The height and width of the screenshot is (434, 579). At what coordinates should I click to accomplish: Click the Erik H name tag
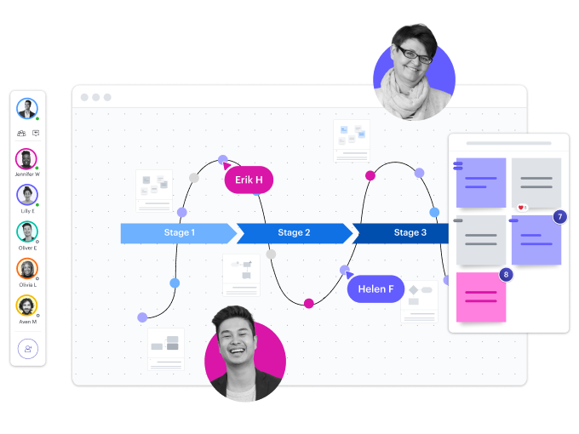[x=249, y=180]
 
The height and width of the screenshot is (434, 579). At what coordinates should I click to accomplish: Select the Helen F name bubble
[x=375, y=288]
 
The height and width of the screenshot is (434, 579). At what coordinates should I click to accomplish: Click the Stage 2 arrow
[x=294, y=232]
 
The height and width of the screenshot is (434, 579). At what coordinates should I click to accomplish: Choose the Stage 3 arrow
[x=404, y=232]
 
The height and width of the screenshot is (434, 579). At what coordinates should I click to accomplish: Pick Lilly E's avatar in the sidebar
[x=27, y=195]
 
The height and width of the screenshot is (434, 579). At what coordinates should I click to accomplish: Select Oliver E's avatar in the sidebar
[x=27, y=231]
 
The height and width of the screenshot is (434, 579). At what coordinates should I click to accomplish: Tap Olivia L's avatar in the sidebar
[x=27, y=268]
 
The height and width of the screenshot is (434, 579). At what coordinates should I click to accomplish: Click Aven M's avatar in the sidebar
[x=27, y=305]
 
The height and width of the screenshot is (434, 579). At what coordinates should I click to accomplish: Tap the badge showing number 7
[x=559, y=217]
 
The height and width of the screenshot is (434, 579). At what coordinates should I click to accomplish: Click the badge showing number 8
[x=506, y=274]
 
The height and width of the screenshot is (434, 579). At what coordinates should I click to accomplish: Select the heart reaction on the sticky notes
[x=522, y=207]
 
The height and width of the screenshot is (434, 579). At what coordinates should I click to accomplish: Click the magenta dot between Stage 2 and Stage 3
[x=370, y=176]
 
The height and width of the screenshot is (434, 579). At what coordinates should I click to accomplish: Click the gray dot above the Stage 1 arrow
[x=194, y=178]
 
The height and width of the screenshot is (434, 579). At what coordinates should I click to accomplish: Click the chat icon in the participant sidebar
[x=36, y=133]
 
